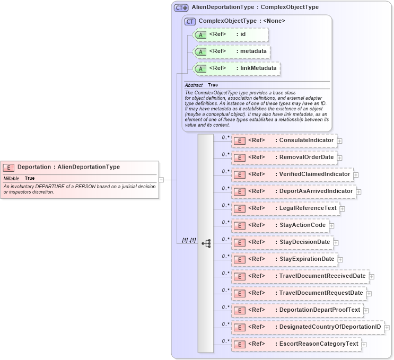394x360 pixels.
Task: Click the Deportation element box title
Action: click(68, 167)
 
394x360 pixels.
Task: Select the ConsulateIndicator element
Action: click(284, 141)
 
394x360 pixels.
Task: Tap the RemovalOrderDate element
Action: click(284, 157)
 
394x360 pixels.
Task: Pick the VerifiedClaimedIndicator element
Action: click(292, 174)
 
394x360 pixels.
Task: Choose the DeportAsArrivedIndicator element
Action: click(293, 191)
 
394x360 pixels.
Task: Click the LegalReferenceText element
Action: click(285, 208)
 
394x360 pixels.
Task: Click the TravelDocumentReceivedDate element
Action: click(300, 276)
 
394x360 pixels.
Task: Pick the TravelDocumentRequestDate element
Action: click(299, 293)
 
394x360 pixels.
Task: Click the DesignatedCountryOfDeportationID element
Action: click(308, 327)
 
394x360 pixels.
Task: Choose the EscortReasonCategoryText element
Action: click(296, 344)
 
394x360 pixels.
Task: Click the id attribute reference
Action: click(230, 35)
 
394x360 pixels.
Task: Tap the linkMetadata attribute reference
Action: click(235, 69)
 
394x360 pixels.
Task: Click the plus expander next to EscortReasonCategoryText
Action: click(364, 345)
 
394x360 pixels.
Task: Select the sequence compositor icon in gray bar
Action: click(206, 243)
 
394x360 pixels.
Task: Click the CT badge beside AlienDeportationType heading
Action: click(181, 8)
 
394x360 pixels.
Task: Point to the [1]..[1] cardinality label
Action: click(189, 240)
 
